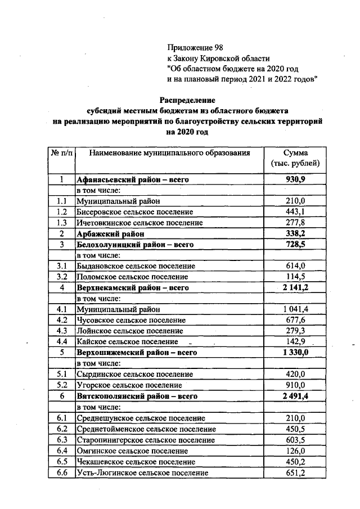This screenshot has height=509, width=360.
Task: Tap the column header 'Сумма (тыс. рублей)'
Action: coord(295,158)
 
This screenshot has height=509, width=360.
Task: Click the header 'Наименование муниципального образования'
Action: coord(169,152)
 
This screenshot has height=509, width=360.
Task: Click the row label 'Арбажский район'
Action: coord(111,233)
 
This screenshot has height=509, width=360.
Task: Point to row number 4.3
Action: coord(62,331)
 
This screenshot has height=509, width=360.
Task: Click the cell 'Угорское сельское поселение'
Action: coord(129,385)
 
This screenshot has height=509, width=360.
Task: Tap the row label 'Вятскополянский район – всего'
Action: coord(137,397)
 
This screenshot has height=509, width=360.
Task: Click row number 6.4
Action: coord(62,451)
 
